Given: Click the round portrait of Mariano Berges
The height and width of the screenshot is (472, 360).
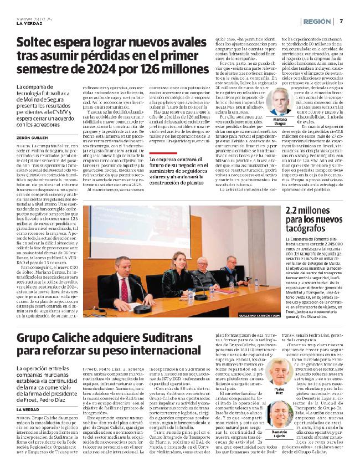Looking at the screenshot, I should click(x=283, y=102).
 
